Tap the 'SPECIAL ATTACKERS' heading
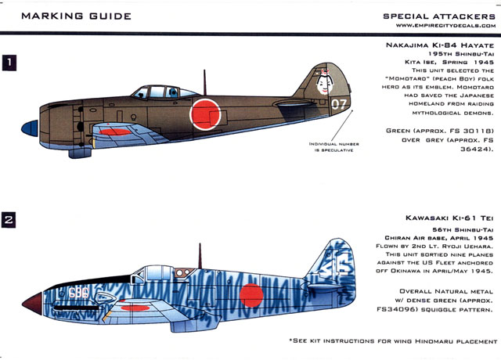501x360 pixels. (439, 16)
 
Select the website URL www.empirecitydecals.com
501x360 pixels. (442, 28)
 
